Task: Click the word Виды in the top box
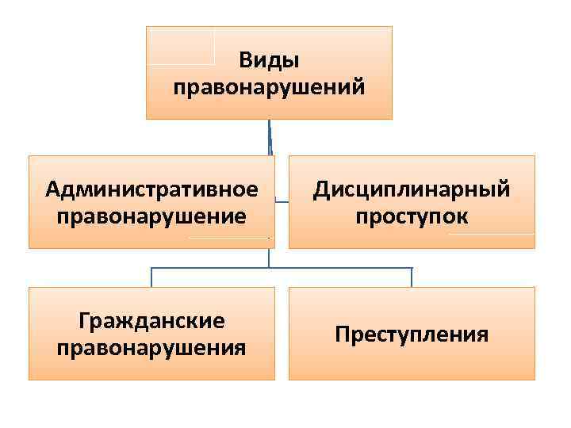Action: tap(269, 61)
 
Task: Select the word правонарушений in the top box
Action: tap(269, 84)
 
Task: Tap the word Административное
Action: tap(152, 189)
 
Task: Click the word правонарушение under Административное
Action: tap(152, 216)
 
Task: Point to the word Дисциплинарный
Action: tap(411, 189)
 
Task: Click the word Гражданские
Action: tap(152, 321)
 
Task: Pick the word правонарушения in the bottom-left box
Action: tap(152, 347)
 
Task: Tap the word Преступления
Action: tap(411, 334)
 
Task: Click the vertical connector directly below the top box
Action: tap(270, 136)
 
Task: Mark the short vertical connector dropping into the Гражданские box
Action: tap(152, 277)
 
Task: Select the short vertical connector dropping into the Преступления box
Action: tap(412, 277)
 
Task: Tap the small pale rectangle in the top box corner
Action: tap(181, 46)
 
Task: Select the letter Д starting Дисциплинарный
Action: tap(321, 190)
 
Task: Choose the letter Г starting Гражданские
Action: tap(84, 321)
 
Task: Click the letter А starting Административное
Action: tap(52, 189)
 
